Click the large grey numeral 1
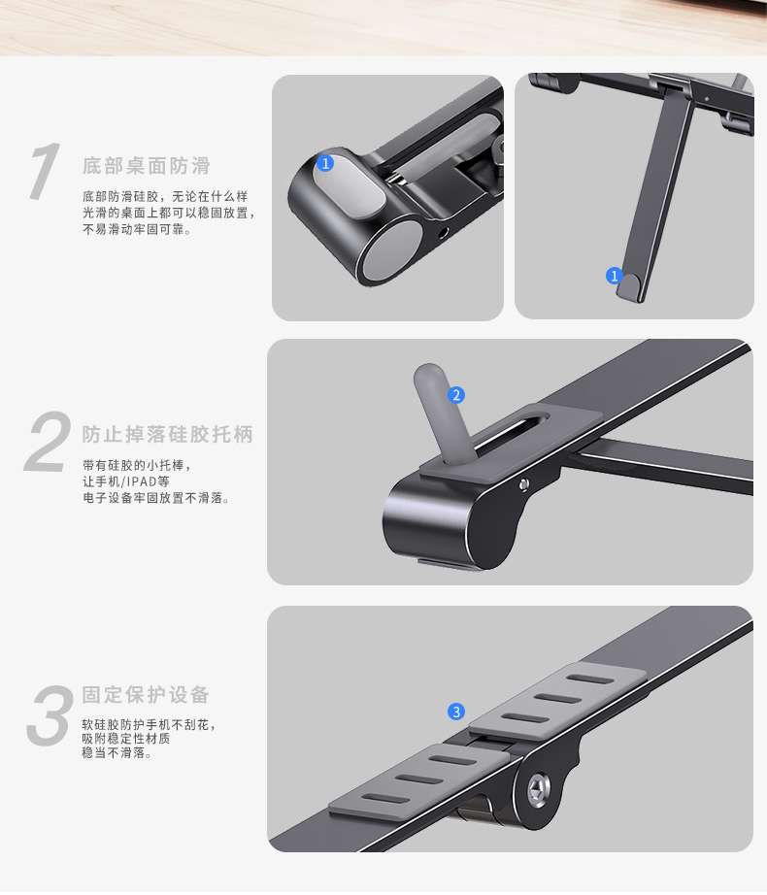pyautogui.click(x=46, y=171)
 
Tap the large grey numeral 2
pyautogui.click(x=48, y=442)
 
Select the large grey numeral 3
pyautogui.click(x=50, y=715)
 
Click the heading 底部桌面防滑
pyautogui.click(x=146, y=166)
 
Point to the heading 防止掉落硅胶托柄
pyautogui.click(x=167, y=434)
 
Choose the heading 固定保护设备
pyautogui.click(x=146, y=695)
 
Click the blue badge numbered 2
pyautogui.click(x=456, y=395)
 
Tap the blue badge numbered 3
pyautogui.click(x=456, y=712)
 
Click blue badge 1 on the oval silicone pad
pyautogui.click(x=325, y=163)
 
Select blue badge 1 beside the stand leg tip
pyautogui.click(x=614, y=277)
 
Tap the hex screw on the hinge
pyautogui.click(x=538, y=790)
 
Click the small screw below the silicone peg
pyautogui.click(x=524, y=484)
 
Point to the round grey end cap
pyautogui.click(x=391, y=250)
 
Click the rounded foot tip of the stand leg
pyautogui.click(x=630, y=284)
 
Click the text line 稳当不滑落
pyautogui.click(x=117, y=753)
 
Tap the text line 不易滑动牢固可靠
pyautogui.click(x=137, y=229)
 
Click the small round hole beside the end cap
pyautogui.click(x=444, y=232)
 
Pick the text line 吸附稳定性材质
pyautogui.click(x=126, y=739)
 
